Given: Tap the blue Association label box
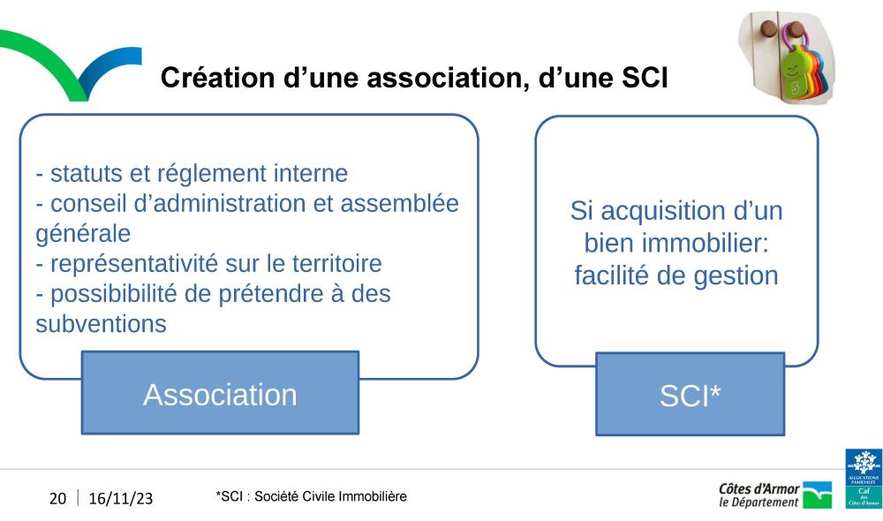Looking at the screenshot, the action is (x=220, y=393).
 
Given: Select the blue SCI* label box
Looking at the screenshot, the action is (x=690, y=394).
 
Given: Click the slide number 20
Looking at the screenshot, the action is (x=58, y=498).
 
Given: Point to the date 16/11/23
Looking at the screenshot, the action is (x=120, y=498).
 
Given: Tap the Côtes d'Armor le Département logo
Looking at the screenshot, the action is (x=775, y=495).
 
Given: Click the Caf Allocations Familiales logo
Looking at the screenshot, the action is (x=864, y=479).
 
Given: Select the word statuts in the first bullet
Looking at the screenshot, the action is (x=87, y=173).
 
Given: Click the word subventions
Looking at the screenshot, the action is (x=102, y=324).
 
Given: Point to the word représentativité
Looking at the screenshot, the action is (x=134, y=264).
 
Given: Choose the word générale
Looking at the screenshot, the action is (x=83, y=234).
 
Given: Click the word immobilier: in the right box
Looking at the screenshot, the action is (x=705, y=244).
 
